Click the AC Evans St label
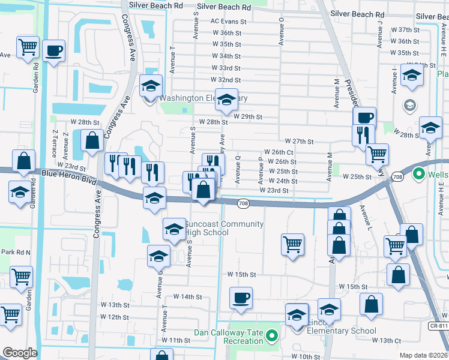(x=229, y=21)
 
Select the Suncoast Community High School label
(x=224, y=229)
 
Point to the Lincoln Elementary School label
(x=341, y=331)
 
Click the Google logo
(x=20, y=353)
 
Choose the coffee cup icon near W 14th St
(x=241, y=298)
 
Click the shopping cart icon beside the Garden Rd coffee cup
(x=28, y=47)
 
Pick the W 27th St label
(x=300, y=141)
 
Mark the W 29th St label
(x=245, y=115)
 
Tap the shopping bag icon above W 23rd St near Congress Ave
(x=92, y=142)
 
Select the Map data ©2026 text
(x=424, y=355)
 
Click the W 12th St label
(x=115, y=316)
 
